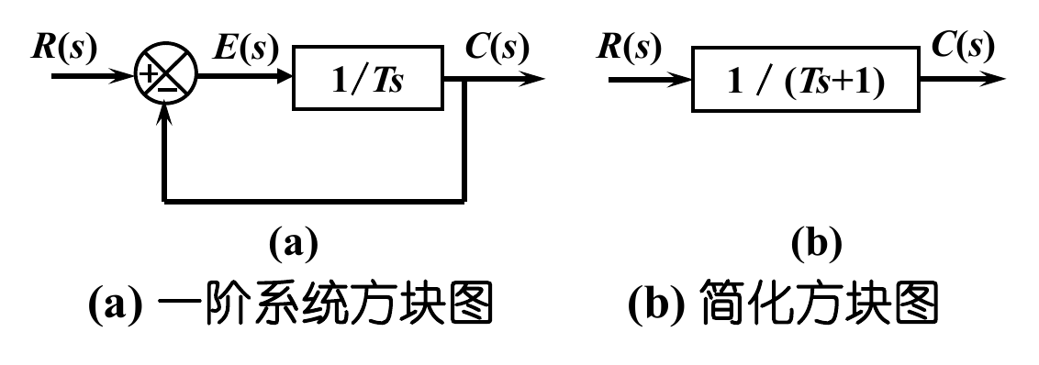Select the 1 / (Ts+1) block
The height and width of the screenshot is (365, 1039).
point(805,81)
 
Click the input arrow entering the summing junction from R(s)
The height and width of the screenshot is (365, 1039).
point(92,78)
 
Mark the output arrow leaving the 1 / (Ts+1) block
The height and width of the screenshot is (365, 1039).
point(959,80)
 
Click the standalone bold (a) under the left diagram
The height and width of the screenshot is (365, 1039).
point(292,244)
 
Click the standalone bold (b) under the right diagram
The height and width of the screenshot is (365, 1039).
point(815,244)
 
